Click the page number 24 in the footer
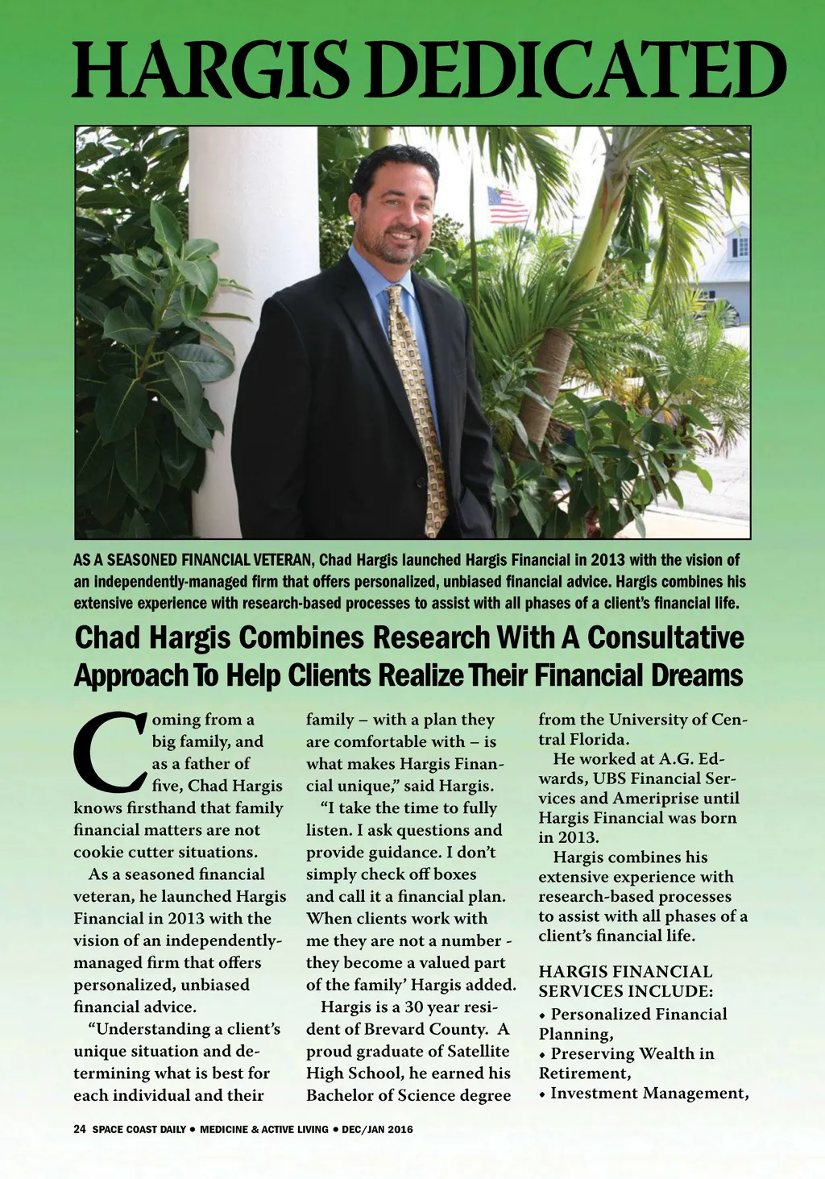[x=79, y=1129]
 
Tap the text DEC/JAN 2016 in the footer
[x=377, y=1129]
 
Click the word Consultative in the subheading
[x=665, y=637]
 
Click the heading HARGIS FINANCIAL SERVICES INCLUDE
[x=625, y=981]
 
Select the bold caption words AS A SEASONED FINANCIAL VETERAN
[x=194, y=559]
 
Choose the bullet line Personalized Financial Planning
[x=633, y=1023]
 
